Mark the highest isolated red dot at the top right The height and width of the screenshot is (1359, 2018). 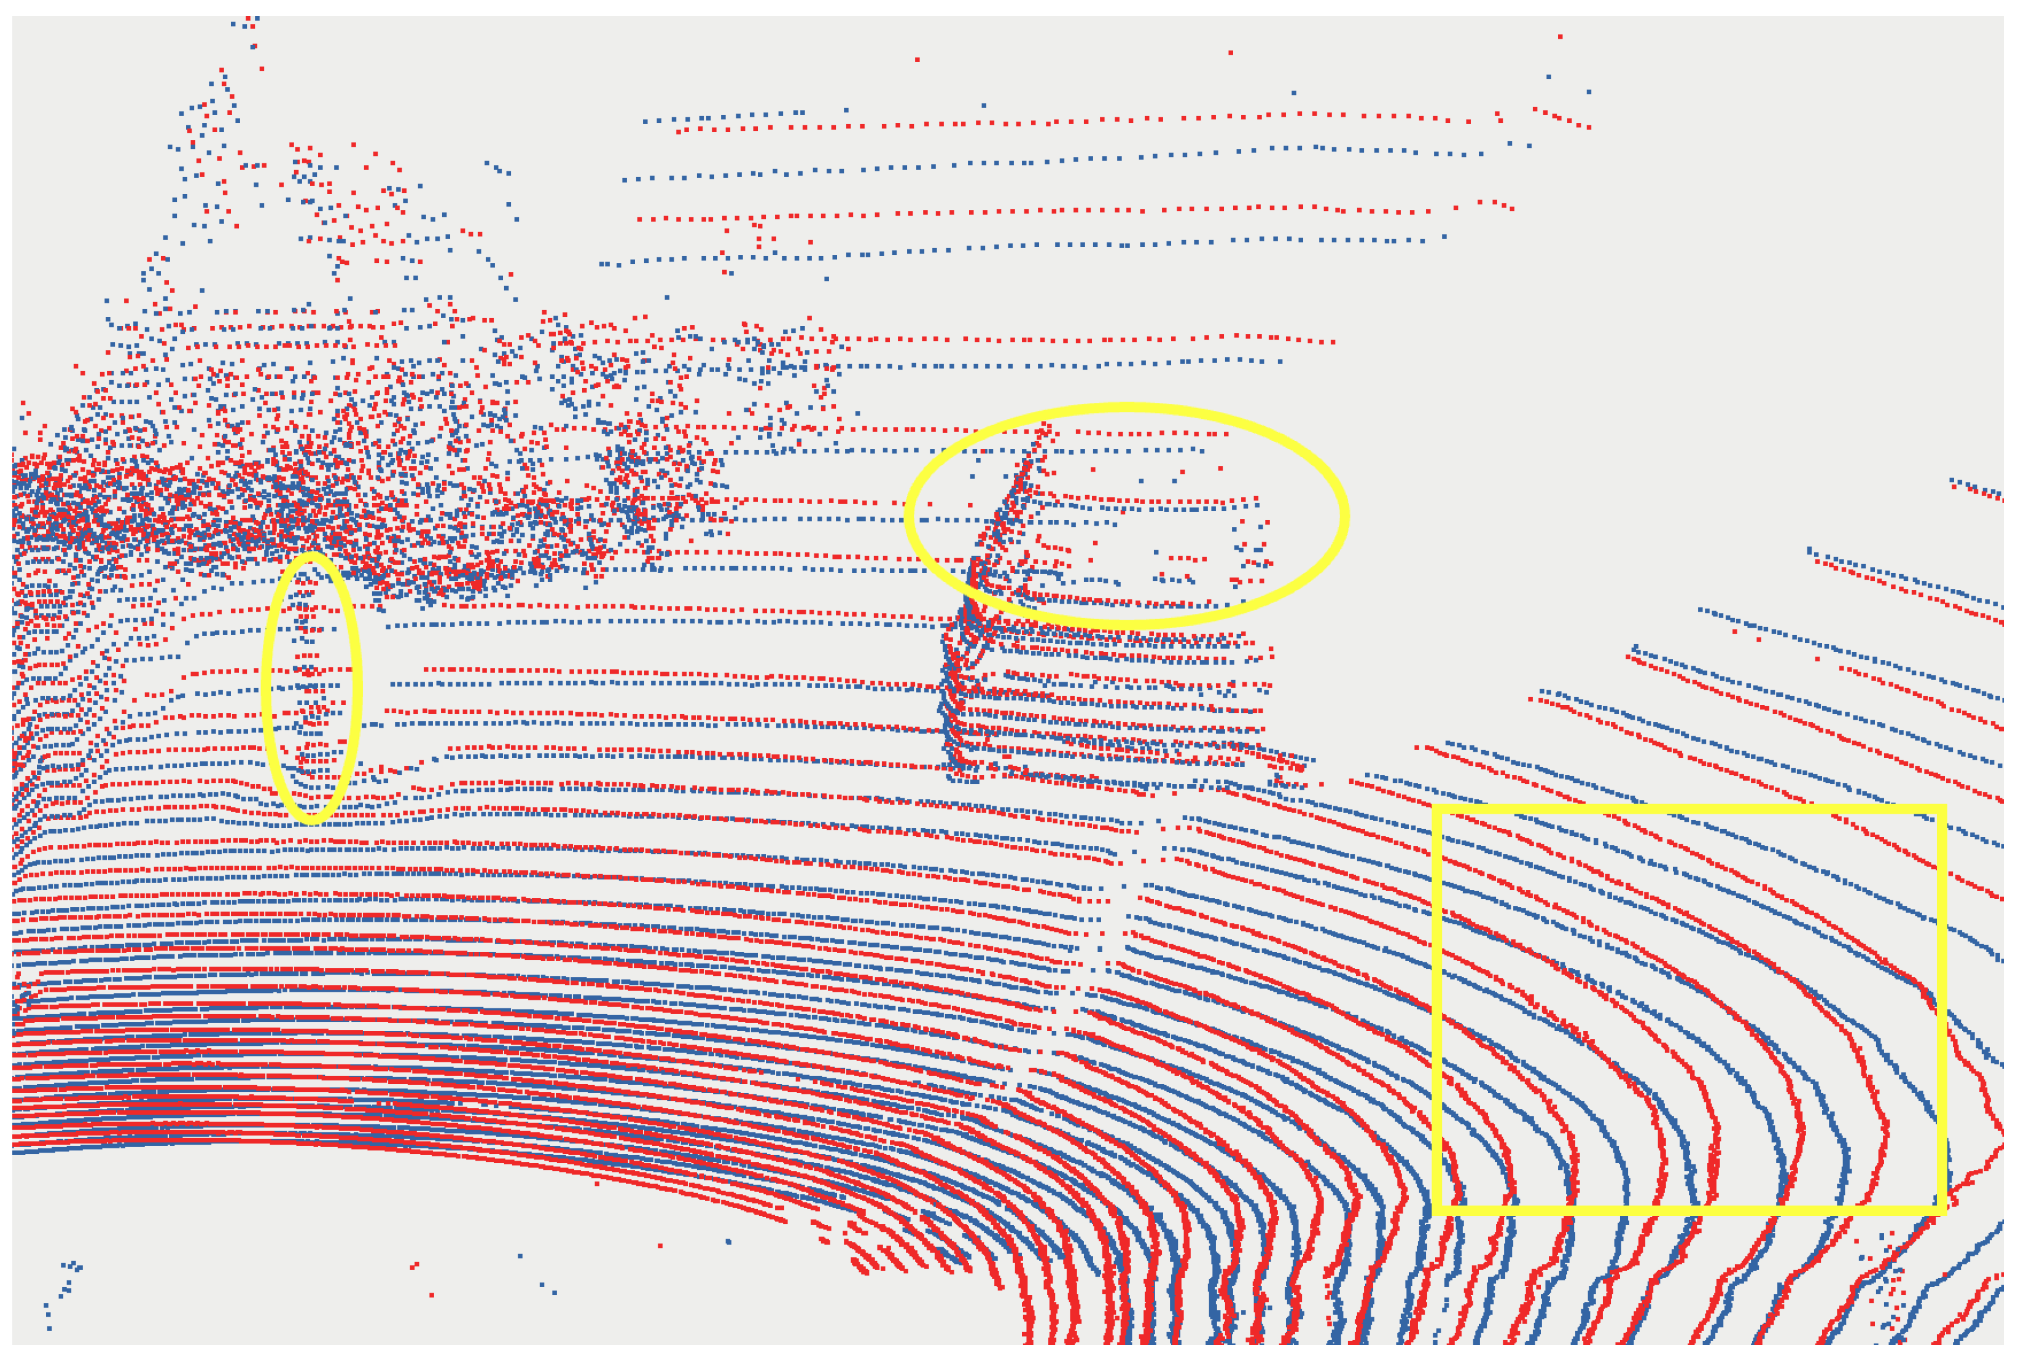[x=1560, y=36]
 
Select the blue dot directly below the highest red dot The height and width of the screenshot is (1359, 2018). [x=1548, y=76]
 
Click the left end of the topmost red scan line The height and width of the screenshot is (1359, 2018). [x=679, y=131]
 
